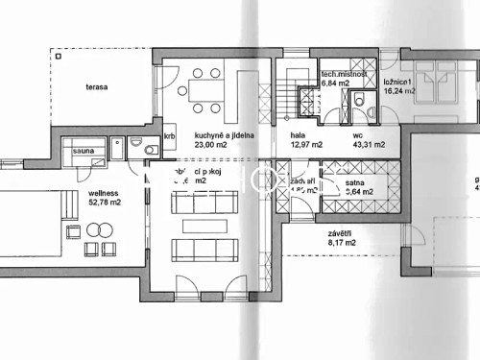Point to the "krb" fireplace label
(x=170, y=135)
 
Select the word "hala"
(x=298, y=135)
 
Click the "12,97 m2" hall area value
(x=306, y=145)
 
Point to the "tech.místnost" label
(x=347, y=74)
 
